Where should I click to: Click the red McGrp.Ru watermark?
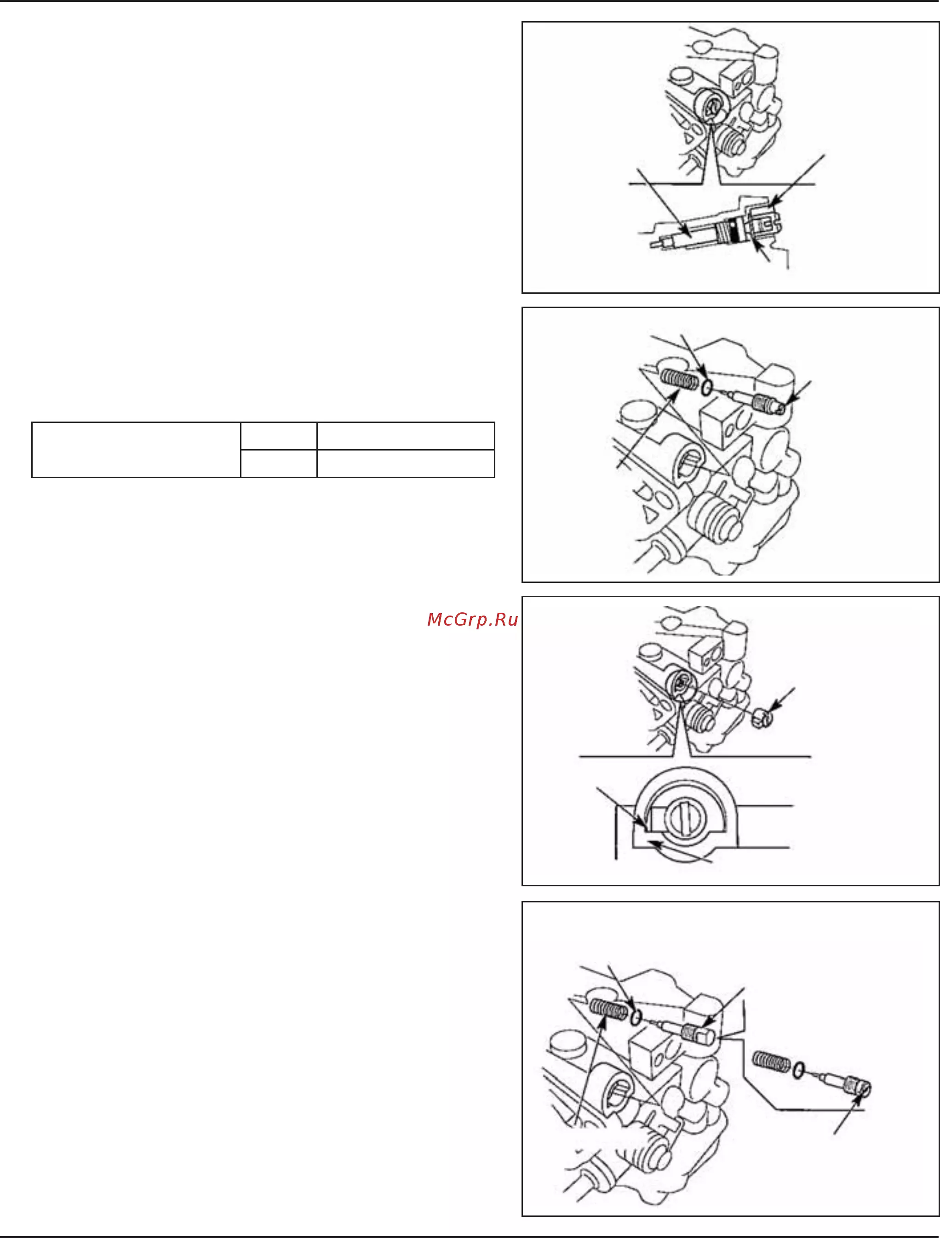point(472,620)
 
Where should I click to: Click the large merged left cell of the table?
point(136,450)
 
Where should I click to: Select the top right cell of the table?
point(406,436)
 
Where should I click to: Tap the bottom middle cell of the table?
point(279,463)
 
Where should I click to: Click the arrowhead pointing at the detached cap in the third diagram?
point(775,706)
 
